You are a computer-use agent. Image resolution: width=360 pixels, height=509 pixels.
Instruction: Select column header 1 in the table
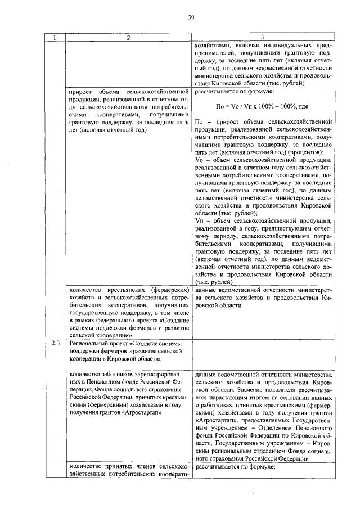tap(55, 38)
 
